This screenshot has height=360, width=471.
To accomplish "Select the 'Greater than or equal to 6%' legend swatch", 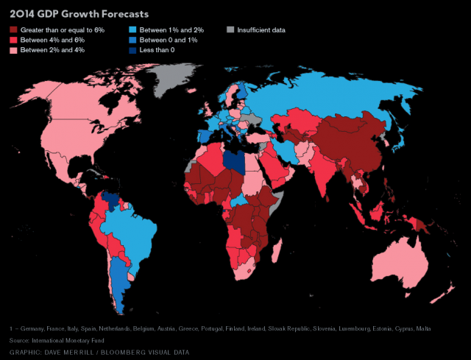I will click(13, 29).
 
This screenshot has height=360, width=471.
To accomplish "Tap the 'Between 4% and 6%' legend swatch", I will click(13, 39).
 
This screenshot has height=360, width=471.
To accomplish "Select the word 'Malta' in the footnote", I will click(423, 328).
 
